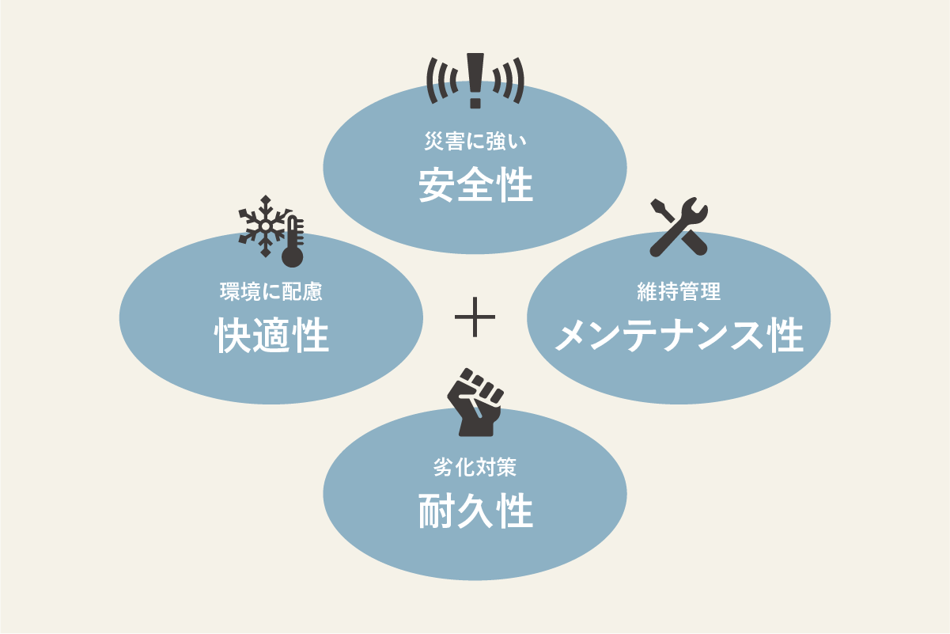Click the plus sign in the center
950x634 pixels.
475,317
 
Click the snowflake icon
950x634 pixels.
266,226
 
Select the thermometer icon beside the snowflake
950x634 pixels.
293,242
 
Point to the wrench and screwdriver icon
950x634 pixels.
679,227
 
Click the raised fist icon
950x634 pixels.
475,402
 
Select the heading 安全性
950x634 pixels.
475,185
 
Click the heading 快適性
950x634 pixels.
271,336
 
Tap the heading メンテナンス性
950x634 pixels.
679,336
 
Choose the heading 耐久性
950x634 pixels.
475,511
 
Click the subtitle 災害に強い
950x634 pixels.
475,142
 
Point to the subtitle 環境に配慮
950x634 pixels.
271,291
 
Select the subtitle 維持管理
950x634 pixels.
679,291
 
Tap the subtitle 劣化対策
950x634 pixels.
475,467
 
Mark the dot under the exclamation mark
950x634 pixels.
475,102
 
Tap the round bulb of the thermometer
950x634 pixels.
293,256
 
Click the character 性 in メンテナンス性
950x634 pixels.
786,336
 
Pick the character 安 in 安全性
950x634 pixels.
436,185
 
